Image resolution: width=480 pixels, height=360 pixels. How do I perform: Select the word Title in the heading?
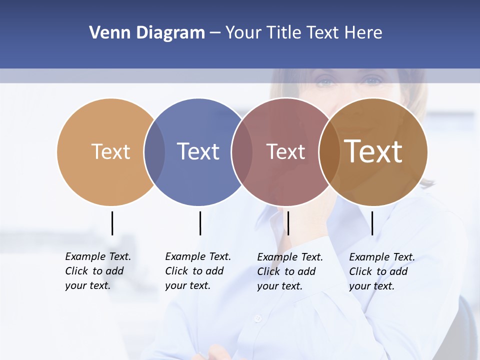tap(283, 33)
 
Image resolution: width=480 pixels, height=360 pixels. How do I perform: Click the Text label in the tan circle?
tap(110, 151)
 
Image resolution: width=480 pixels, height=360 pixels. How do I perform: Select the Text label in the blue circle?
tap(198, 151)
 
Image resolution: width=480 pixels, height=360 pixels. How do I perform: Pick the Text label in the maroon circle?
tap(285, 151)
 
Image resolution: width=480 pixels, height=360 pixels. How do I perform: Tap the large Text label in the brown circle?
tap(373, 151)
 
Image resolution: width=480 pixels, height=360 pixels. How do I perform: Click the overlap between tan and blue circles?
tap(154, 151)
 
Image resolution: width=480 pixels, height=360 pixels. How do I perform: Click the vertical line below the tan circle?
tap(112, 223)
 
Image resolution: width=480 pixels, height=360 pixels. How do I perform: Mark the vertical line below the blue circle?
tap(200, 223)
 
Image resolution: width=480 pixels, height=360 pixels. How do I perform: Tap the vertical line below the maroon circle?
tap(288, 223)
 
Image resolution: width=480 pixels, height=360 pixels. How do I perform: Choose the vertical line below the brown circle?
tap(372, 223)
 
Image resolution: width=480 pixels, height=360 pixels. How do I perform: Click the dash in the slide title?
tap(215, 33)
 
